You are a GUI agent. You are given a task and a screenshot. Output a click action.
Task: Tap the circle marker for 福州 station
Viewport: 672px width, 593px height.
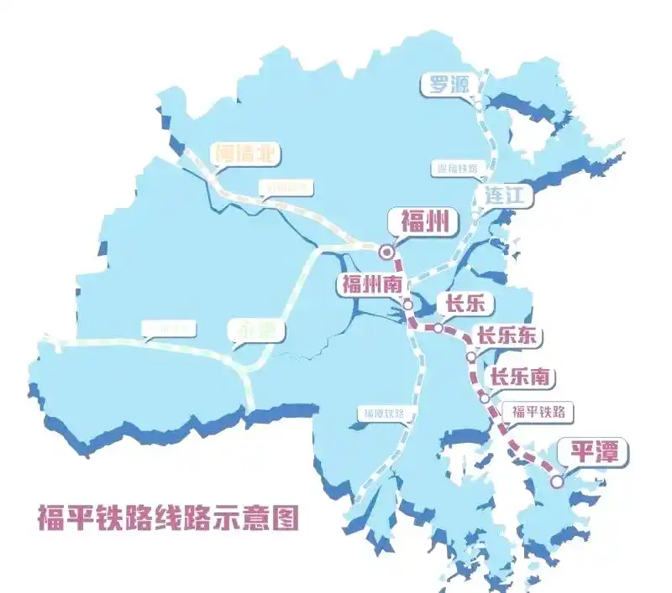(386, 251)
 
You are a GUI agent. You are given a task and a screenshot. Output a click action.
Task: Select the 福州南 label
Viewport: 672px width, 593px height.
(370, 283)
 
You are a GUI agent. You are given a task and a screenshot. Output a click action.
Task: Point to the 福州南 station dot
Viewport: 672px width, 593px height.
(408, 304)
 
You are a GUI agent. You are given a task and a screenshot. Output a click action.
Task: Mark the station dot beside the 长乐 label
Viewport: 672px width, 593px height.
(438, 328)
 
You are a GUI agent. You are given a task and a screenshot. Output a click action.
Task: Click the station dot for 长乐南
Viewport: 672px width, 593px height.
(485, 398)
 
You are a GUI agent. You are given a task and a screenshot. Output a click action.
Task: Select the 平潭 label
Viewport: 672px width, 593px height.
(594, 453)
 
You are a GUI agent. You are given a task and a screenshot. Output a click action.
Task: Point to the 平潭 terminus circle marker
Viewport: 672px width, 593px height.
(557, 481)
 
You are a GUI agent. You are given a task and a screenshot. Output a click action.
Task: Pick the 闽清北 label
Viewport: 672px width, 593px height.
(245, 153)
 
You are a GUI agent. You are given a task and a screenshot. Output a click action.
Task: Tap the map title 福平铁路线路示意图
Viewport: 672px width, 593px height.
(168, 517)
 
